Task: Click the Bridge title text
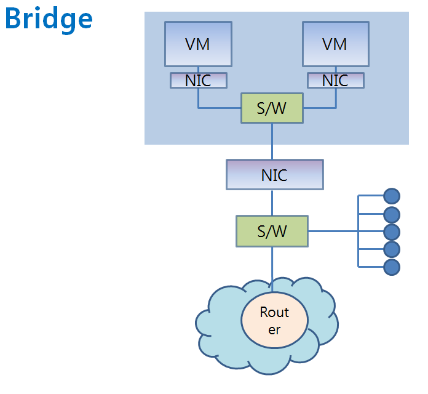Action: tap(49, 19)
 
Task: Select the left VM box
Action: tap(198, 44)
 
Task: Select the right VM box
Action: tap(335, 44)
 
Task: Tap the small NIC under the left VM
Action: tap(198, 80)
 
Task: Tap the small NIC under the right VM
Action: tap(335, 80)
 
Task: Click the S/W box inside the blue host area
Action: tap(272, 108)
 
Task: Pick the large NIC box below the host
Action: tap(274, 174)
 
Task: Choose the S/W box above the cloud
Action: tap(272, 231)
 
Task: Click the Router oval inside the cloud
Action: tap(274, 320)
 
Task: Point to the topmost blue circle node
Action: tap(392, 196)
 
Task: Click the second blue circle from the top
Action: tap(392, 214)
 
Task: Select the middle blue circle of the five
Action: tap(392, 231)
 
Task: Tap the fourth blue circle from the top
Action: tap(392, 249)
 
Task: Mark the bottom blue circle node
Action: tap(392, 267)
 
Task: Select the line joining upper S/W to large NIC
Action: tap(272, 142)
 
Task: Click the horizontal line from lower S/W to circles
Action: tap(332, 231)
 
